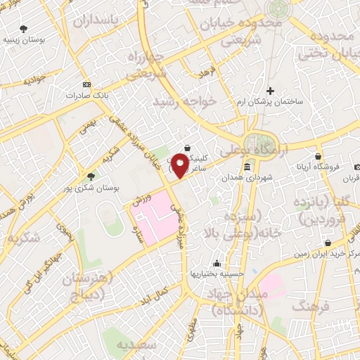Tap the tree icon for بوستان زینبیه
tap(24, 30)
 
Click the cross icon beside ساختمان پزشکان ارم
tap(271, 90)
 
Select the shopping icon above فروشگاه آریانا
tap(319, 156)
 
